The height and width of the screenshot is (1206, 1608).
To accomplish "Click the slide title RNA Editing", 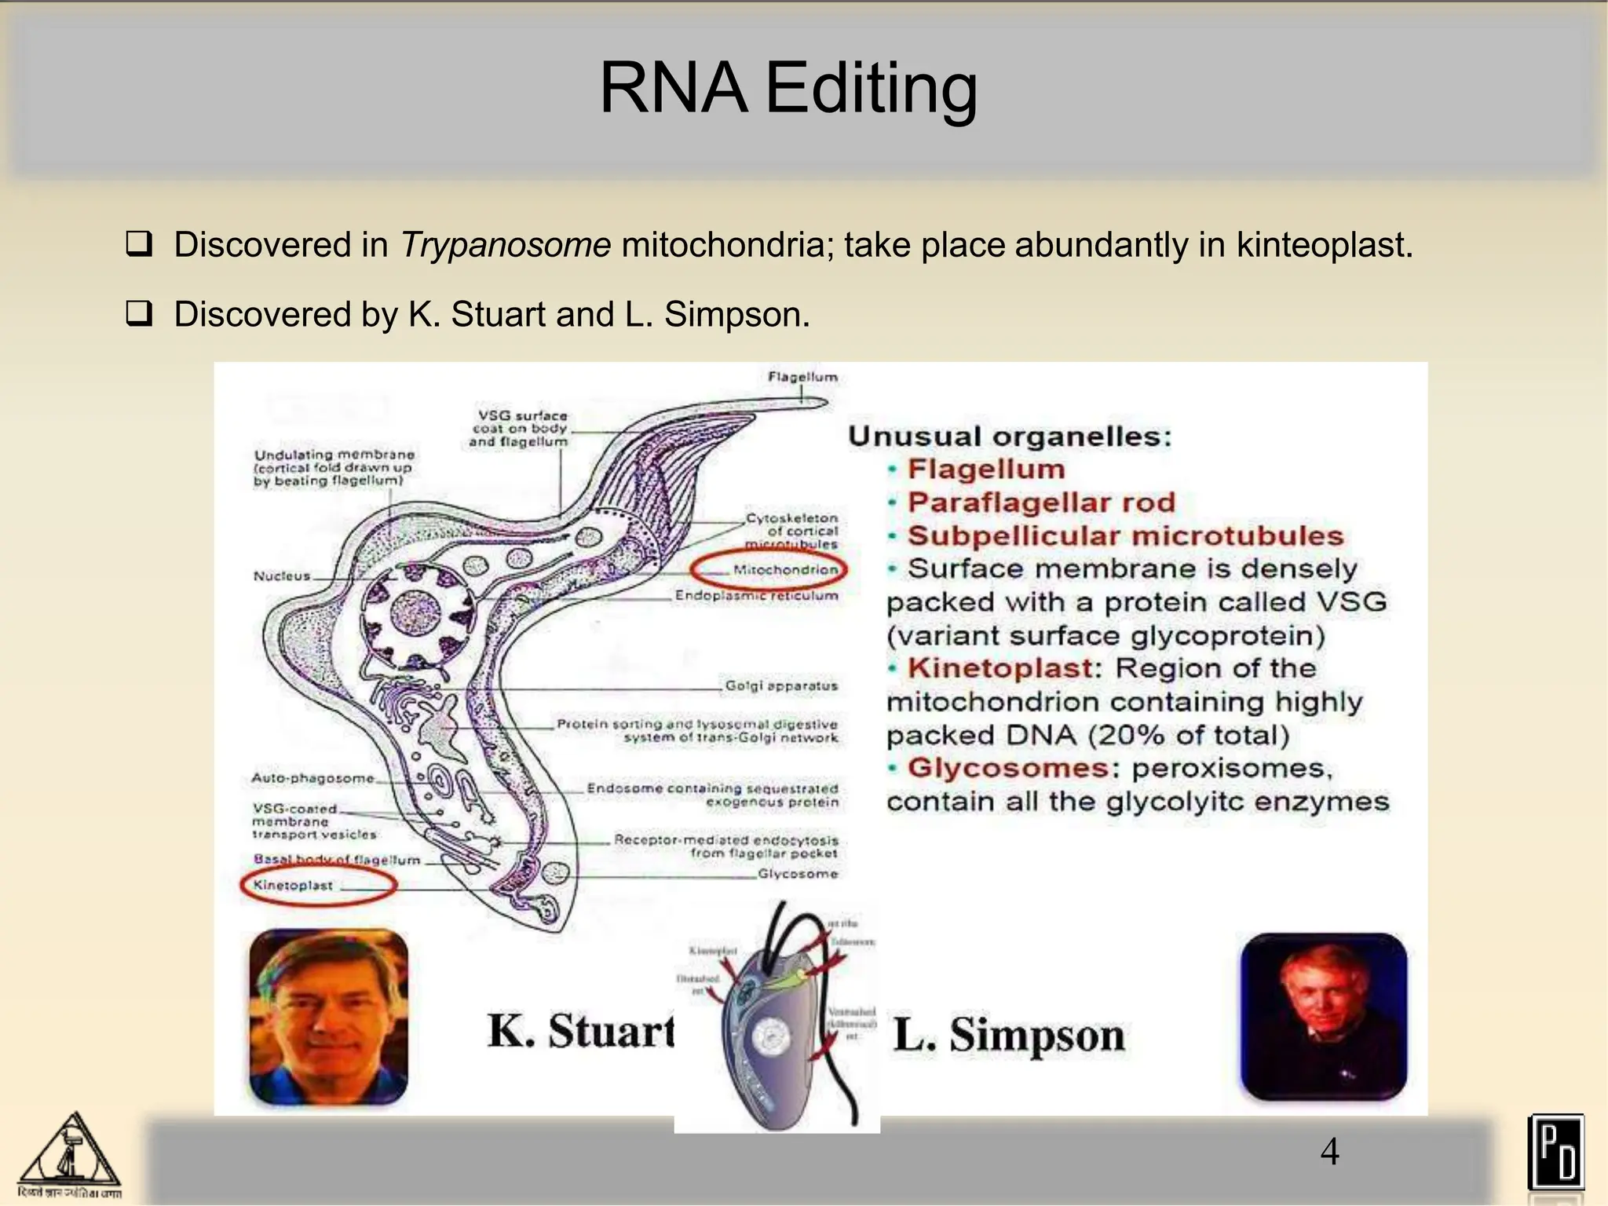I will (788, 88).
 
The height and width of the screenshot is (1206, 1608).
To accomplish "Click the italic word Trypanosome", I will (505, 245).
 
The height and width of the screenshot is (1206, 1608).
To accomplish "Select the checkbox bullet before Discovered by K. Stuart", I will (138, 315).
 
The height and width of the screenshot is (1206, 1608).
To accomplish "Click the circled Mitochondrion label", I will (784, 570).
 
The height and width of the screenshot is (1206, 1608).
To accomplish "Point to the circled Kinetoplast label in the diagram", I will (294, 886).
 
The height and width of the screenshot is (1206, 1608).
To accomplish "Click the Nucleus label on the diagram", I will (282, 576).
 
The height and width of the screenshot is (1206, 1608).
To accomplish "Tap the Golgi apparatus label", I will (780, 686).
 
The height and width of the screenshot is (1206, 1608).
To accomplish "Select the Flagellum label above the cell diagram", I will (802, 378).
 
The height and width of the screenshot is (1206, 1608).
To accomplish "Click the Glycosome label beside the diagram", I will (797, 874).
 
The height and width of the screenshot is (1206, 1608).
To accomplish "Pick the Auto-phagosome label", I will (312, 778).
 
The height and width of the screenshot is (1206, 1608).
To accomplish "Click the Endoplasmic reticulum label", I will (756, 596).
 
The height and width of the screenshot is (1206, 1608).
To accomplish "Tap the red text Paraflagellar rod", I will (1041, 502).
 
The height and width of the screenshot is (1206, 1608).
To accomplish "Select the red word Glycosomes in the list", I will (1008, 768).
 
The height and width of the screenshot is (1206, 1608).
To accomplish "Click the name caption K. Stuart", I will (580, 1031).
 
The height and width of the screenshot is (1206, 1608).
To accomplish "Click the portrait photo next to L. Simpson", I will (1324, 1017).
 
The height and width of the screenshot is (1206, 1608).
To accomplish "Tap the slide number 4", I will (1329, 1152).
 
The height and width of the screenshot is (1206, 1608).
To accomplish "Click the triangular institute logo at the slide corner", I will (70, 1153).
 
